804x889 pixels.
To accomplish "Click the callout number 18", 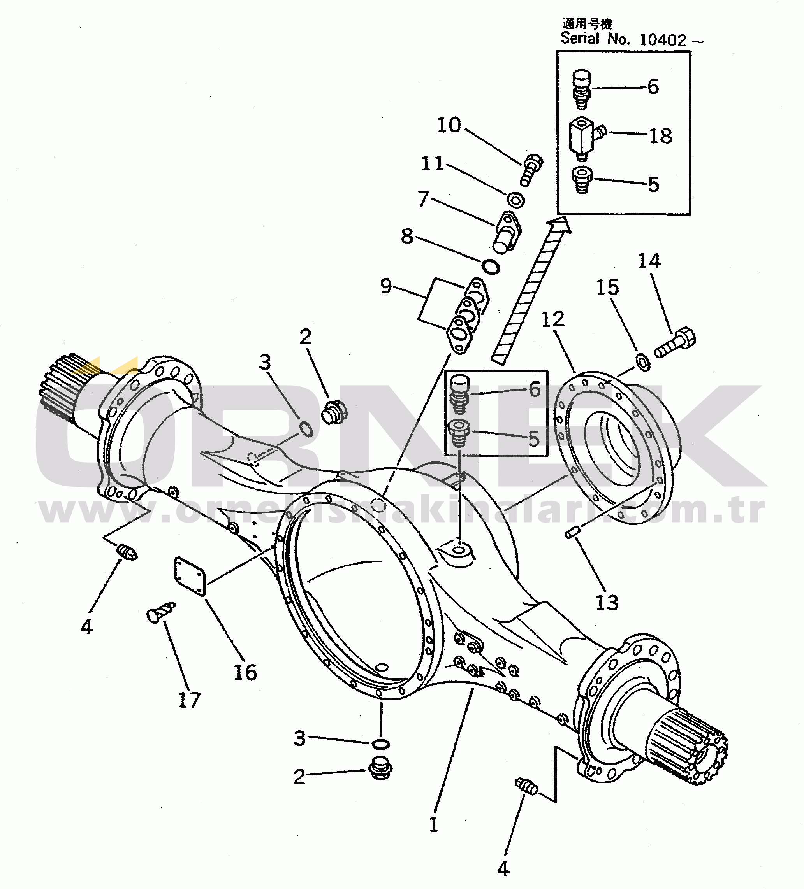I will pyautogui.click(x=661, y=136).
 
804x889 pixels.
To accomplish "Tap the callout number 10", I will pyautogui.click(x=449, y=125).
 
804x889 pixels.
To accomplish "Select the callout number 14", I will pyautogui.click(x=649, y=261).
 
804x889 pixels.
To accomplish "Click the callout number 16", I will pyautogui.click(x=245, y=672).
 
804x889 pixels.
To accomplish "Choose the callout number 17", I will pyautogui.click(x=189, y=700).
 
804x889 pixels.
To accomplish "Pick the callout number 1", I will pyautogui.click(x=433, y=825).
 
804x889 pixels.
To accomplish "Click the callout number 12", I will pyautogui.click(x=552, y=319).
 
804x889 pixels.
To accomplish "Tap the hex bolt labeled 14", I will pyautogui.click(x=675, y=343).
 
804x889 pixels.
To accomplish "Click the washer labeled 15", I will pyautogui.click(x=642, y=361).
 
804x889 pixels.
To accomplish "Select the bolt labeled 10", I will pyautogui.click(x=532, y=169).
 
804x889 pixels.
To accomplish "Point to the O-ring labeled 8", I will pyautogui.click(x=490, y=267).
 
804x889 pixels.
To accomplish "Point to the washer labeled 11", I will pyautogui.click(x=515, y=200).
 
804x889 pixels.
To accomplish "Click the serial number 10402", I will pyautogui.click(x=663, y=40).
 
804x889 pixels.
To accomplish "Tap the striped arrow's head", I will pyautogui.click(x=559, y=225).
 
